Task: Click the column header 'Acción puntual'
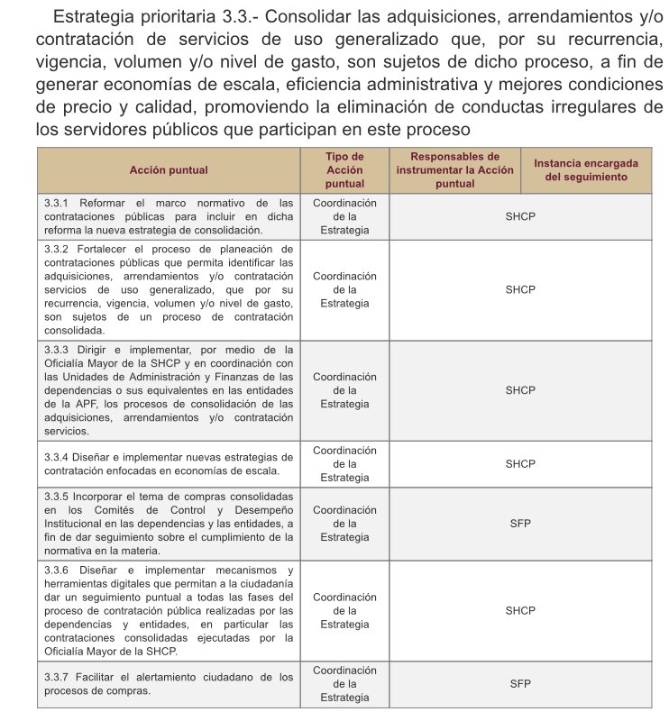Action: [168, 169]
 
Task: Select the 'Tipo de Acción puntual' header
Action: [344, 169]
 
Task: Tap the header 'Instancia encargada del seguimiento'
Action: [586, 169]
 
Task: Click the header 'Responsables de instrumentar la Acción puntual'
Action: [455, 169]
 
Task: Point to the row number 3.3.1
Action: [58, 203]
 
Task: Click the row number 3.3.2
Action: [58, 249]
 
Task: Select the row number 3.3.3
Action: [58, 349]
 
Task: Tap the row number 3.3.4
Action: [58, 456]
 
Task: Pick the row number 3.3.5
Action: [58, 497]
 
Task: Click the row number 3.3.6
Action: [58, 571]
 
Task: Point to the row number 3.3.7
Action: [58, 676]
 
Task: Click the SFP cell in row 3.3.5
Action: [520, 523]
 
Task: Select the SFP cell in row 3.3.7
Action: [520, 684]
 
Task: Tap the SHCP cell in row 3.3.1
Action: [520, 216]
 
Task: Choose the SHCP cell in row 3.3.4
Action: [520, 463]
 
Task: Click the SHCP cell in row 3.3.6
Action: [520, 610]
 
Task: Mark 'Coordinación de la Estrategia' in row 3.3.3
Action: [344, 390]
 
